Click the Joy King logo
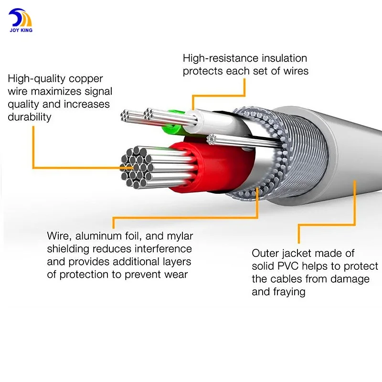(21, 21)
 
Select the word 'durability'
(30, 117)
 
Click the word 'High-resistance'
(221, 58)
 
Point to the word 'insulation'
(284, 58)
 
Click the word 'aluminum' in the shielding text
(98, 236)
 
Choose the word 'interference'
(163, 249)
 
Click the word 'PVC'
(288, 266)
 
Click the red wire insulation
(214, 166)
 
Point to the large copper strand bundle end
(137, 167)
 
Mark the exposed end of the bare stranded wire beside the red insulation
(212, 139)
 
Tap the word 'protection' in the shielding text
(85, 275)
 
